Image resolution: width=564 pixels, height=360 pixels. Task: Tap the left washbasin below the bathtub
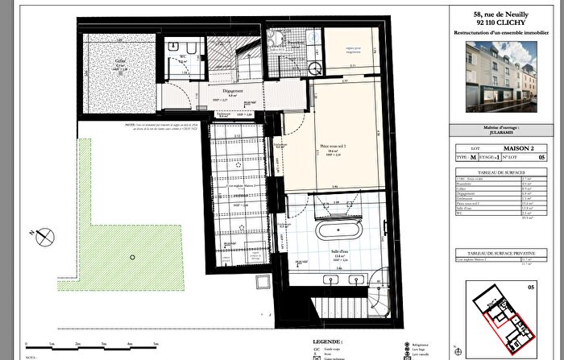point(331,280)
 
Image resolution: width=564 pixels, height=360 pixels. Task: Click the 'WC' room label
point(182,58)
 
